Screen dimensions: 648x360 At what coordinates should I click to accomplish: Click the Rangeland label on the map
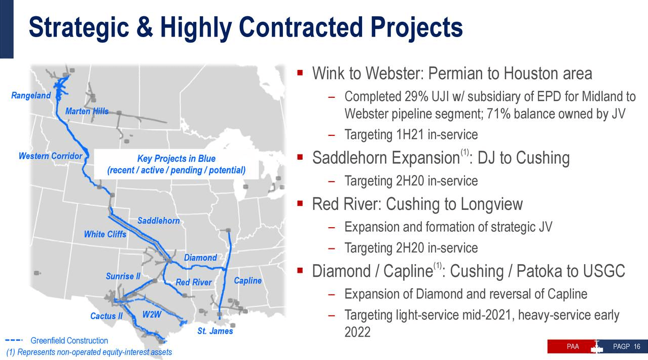(31, 95)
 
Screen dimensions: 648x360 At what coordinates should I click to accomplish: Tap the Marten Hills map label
(87, 111)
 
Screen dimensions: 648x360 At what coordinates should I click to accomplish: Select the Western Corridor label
(50, 156)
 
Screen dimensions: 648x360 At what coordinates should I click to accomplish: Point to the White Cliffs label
(105, 234)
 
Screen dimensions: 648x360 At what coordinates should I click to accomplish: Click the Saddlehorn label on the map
(159, 221)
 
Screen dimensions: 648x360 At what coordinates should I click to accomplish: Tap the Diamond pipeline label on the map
(200, 258)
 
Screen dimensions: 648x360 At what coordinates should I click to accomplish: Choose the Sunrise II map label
(123, 276)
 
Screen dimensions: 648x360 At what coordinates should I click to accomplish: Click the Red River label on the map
(194, 282)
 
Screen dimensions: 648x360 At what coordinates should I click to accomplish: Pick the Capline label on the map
(247, 280)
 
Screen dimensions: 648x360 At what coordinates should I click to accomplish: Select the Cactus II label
(106, 316)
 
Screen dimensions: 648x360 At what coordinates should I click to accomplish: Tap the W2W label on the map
(152, 314)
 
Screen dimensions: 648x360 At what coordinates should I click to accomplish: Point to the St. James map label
(215, 331)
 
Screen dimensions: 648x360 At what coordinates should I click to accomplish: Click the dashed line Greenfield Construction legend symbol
(14, 340)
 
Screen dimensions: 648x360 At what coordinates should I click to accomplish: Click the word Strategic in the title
(79, 28)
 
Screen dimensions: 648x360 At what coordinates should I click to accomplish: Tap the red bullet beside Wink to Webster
(300, 73)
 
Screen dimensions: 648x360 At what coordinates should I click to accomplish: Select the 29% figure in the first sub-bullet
(416, 97)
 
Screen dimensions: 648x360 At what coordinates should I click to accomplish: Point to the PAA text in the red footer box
(573, 347)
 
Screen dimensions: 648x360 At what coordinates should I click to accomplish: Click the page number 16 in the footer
(637, 347)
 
